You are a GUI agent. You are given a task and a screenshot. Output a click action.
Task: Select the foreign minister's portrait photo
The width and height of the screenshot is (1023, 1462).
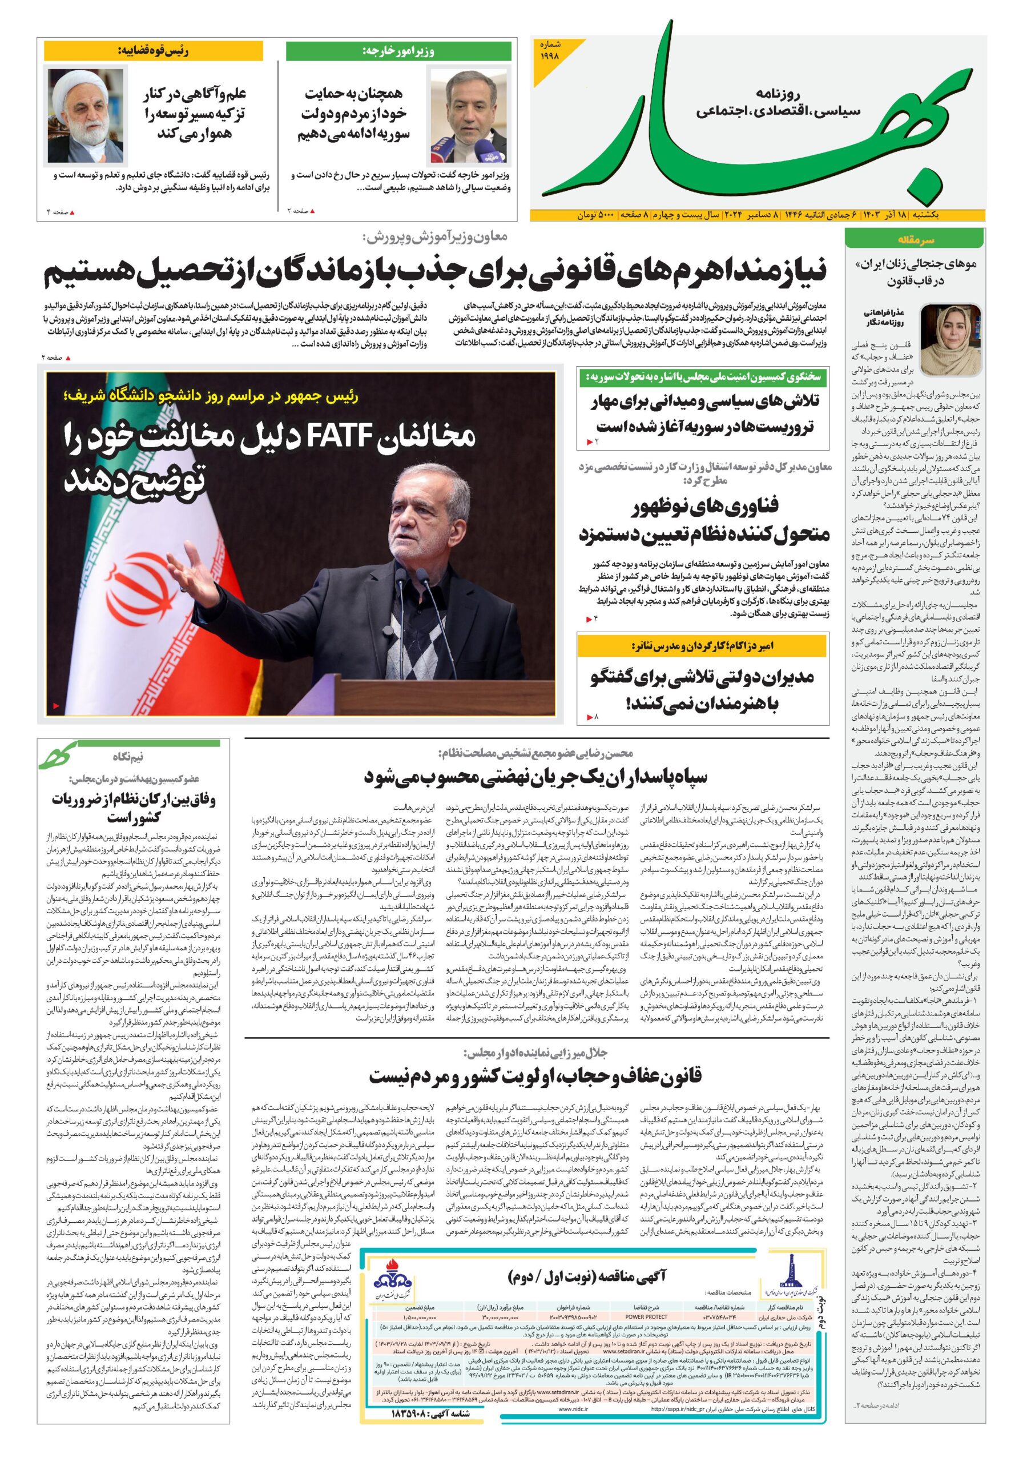tap(470, 117)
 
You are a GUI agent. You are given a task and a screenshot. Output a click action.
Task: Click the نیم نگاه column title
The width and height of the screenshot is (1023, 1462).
tap(128, 757)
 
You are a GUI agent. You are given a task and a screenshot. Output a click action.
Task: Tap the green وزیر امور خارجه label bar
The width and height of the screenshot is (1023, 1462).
tap(398, 51)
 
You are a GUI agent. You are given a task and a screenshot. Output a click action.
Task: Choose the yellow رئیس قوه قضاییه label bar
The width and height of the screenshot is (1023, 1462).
tap(153, 51)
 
